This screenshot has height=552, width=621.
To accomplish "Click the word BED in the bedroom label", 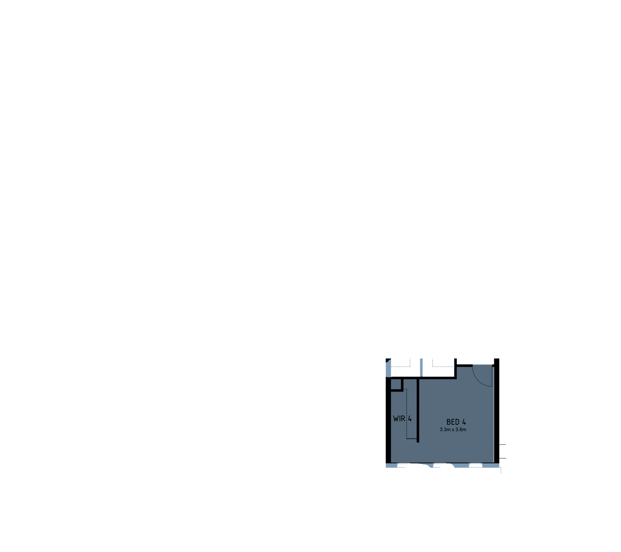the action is click(453, 422).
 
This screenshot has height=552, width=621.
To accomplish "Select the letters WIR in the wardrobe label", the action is click(399, 419).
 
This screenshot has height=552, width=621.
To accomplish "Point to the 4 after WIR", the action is click(410, 419).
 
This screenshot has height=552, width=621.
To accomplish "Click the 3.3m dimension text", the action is click(445, 430).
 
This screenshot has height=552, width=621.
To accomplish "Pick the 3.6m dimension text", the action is click(461, 430).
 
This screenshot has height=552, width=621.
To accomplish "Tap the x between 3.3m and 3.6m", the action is click(453, 430).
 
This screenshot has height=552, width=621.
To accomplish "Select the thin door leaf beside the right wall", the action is click(492, 376).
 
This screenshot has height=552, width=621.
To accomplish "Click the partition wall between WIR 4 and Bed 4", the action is click(418, 410).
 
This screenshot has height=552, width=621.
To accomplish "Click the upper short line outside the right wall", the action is click(503, 445).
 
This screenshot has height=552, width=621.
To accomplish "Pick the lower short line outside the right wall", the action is click(503, 458).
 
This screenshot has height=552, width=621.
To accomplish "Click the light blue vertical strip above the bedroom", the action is click(421, 368).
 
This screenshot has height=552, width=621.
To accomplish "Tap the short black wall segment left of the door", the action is click(465, 365).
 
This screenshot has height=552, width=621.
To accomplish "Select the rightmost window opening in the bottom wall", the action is click(476, 465).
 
